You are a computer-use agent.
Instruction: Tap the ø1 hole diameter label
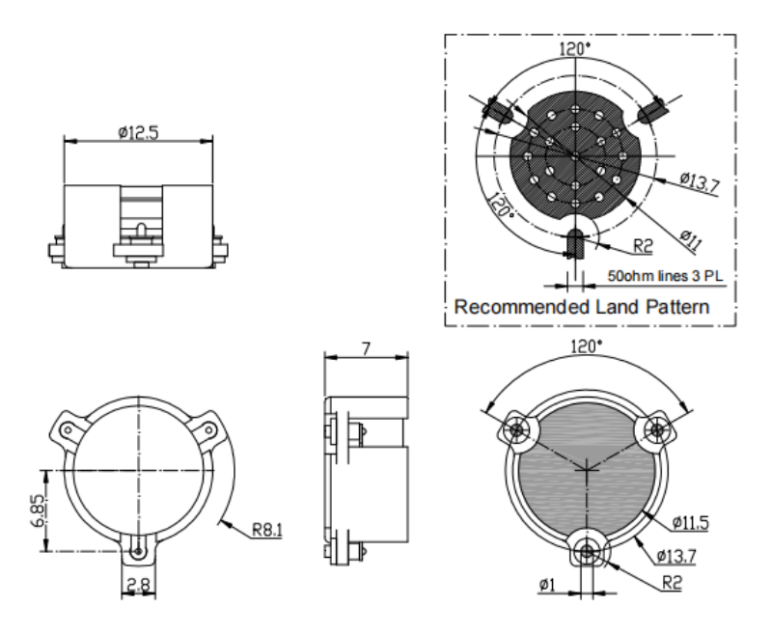pyautogui.click(x=547, y=584)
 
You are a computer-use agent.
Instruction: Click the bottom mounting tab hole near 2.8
pyautogui.click(x=140, y=550)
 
